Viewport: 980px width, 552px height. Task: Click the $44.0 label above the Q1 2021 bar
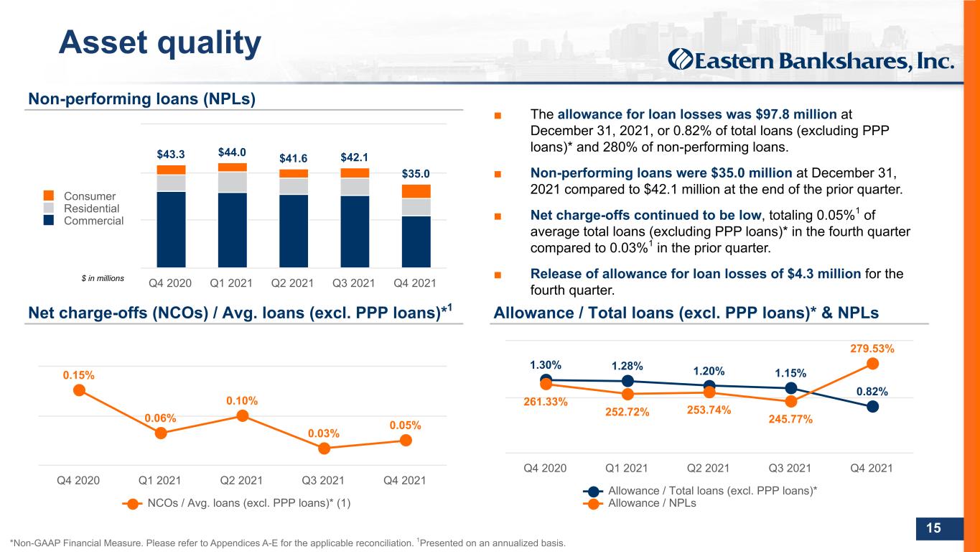(x=232, y=152)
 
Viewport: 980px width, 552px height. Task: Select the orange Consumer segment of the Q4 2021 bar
(x=416, y=191)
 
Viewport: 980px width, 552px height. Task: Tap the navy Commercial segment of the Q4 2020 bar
(x=171, y=229)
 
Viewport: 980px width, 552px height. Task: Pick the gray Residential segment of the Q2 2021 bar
(x=294, y=186)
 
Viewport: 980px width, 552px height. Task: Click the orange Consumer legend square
(x=49, y=195)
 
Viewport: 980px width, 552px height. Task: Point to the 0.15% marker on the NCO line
(x=79, y=390)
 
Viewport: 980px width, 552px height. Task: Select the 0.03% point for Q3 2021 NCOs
(x=325, y=448)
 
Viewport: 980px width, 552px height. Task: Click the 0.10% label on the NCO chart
(x=242, y=401)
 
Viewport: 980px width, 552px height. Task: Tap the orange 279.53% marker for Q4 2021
(x=872, y=364)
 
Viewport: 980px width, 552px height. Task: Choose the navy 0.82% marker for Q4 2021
(x=872, y=407)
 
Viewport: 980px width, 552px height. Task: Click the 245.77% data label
(x=790, y=419)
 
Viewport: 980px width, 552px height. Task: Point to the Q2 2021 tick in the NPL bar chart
(x=292, y=283)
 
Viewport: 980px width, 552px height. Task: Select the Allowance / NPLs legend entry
(x=640, y=503)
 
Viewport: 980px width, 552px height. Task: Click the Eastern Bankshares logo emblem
(x=680, y=60)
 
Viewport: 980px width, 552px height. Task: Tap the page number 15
(x=933, y=528)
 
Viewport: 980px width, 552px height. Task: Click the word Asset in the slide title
(x=103, y=42)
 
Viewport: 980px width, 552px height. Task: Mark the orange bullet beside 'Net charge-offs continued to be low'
(x=498, y=216)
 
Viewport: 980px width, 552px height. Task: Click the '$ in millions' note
(x=103, y=278)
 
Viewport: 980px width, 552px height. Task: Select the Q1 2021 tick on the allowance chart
(x=627, y=469)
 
